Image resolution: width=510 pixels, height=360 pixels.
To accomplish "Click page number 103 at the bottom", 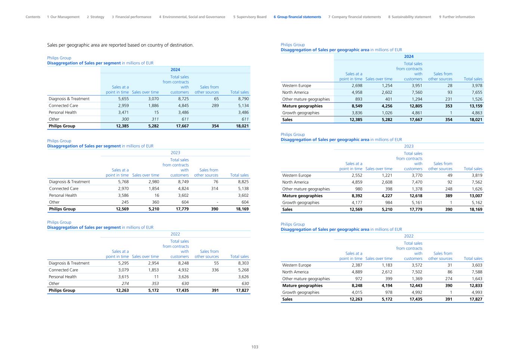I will point(254,347).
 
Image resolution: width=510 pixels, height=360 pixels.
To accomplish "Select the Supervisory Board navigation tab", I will point(250,17).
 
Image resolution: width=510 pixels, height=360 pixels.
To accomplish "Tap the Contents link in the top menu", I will point(33,17).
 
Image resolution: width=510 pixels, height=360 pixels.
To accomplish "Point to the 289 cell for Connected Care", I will point(215,106).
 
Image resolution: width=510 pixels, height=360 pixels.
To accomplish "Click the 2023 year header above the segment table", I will point(175,153).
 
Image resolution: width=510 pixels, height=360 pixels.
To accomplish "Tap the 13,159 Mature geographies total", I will point(475,106).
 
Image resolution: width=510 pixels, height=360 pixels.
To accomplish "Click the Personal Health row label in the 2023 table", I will point(63,195).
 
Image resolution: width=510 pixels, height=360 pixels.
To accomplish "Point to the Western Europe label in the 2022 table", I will point(297,265).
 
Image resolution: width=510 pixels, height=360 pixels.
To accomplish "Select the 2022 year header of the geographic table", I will point(409,236).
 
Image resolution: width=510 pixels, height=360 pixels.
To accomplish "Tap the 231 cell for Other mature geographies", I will point(448,99).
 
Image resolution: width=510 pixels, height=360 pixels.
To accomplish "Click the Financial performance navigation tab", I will point(132,17).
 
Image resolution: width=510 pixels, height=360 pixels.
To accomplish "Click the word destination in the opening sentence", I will point(181,45).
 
